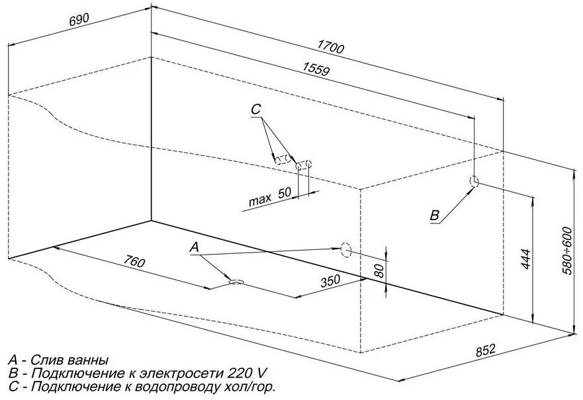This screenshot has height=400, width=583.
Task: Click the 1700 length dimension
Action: pos(332,48)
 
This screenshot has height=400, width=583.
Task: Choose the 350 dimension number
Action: pos(330,280)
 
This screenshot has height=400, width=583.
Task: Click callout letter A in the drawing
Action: pos(194,247)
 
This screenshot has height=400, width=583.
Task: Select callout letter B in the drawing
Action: pos(434,215)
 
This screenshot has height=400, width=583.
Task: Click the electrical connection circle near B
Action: pos(474,181)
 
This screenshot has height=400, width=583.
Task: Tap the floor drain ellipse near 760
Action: pos(236,282)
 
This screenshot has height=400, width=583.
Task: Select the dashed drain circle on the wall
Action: pos(345,249)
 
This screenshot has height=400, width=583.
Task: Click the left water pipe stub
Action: pos(283,159)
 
